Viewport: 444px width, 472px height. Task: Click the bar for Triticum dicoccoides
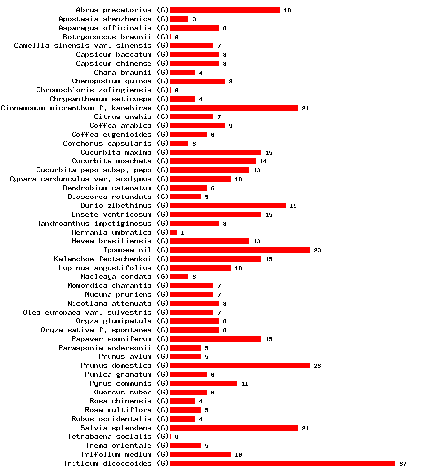coord(282,463)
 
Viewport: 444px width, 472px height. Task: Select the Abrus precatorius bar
coord(224,10)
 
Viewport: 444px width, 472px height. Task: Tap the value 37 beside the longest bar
coord(403,464)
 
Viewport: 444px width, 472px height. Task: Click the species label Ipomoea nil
coord(127,250)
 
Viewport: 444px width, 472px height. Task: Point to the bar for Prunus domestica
coord(240,365)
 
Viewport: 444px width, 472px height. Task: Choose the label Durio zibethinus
coord(116,205)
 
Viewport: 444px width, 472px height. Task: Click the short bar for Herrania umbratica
coord(173,232)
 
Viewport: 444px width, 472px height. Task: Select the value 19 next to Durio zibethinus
coord(293,206)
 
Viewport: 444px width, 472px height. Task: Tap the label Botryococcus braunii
coord(107,37)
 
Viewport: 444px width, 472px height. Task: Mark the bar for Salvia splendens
coord(234,428)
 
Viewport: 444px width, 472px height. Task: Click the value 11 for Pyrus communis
coord(245,384)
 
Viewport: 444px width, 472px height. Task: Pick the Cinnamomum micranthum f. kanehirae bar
coord(234,108)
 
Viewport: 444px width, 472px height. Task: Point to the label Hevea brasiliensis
coord(111,241)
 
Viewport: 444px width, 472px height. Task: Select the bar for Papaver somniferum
coord(216,339)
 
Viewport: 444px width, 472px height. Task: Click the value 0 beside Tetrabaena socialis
coord(176,437)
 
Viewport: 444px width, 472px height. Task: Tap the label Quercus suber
coord(123,392)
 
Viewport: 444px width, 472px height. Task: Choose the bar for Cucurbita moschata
coord(213,161)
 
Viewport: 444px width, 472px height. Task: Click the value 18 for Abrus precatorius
coord(287,10)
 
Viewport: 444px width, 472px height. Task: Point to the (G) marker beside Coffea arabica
coord(163,125)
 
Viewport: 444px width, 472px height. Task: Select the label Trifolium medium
coord(116,454)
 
